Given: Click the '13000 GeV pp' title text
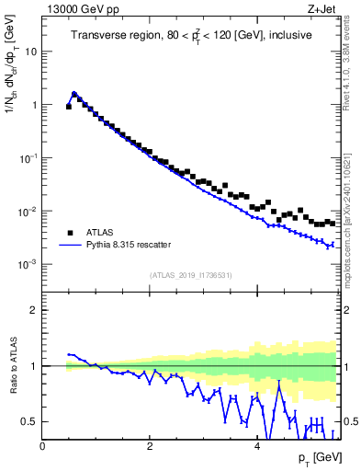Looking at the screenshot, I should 82,10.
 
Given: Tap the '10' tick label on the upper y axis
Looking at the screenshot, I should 31,52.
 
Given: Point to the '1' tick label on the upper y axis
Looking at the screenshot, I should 34,105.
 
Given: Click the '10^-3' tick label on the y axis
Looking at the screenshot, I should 28,264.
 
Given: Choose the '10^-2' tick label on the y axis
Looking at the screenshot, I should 28,211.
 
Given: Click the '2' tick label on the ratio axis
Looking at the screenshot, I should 34,310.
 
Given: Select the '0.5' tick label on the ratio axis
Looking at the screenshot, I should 30,421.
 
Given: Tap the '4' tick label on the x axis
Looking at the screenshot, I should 256,446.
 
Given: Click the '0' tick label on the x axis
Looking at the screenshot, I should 42,446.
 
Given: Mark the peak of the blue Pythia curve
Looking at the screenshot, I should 74,93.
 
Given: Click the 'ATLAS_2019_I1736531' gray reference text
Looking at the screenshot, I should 190,275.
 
